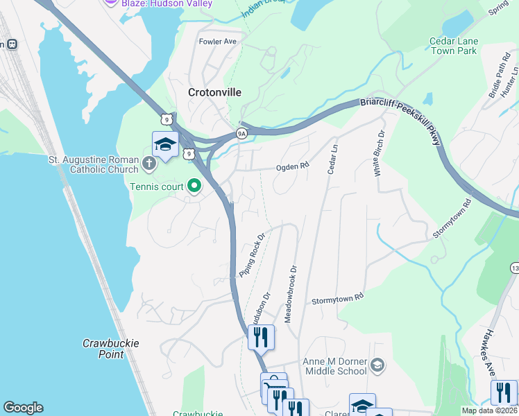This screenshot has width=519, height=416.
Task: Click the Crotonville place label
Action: coord(216,92)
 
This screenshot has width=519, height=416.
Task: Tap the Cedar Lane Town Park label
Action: coord(453,46)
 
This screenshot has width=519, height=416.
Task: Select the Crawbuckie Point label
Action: coord(111,349)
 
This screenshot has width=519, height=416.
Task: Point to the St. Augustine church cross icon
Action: coord(148,165)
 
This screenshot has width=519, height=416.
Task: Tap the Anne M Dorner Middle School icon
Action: coord(377,365)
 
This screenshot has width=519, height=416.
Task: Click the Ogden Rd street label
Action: coord(292,166)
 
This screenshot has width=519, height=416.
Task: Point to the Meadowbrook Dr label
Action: coord(292,289)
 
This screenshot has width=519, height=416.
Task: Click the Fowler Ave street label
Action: coord(218,42)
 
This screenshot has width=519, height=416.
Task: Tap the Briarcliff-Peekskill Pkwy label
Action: coord(400,122)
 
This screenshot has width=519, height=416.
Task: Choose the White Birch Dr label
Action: coord(380,153)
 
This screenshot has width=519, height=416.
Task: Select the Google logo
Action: coord(23,408)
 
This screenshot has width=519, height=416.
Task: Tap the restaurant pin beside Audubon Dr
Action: coord(261,338)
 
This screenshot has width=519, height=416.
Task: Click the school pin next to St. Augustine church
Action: coord(165,145)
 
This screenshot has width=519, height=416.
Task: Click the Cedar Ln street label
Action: coord(334,159)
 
